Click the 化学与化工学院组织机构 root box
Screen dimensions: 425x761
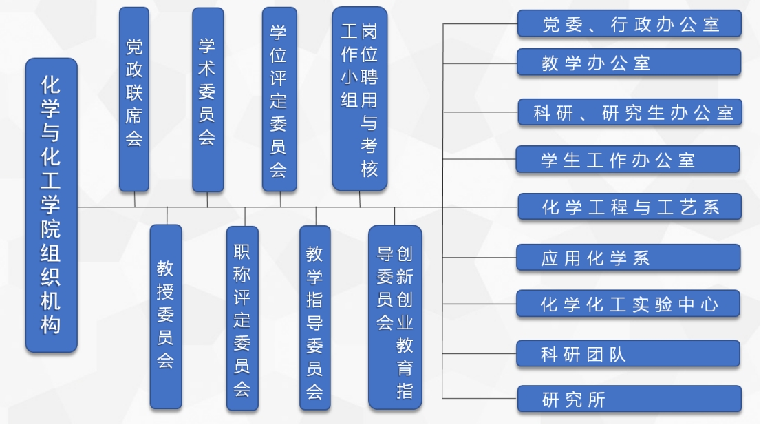click(x=51, y=205)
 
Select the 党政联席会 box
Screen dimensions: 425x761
click(x=134, y=99)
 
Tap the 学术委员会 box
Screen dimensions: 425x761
click(x=207, y=99)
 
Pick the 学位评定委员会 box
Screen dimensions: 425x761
click(x=279, y=99)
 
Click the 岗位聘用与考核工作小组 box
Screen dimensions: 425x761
click(x=359, y=99)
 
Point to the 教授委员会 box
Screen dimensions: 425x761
click(x=166, y=316)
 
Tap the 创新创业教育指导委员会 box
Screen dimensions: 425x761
click(x=395, y=317)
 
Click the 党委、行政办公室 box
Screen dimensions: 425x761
click(x=629, y=23)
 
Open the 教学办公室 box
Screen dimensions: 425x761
click(x=629, y=62)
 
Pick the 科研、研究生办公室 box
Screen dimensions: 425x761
click(x=630, y=112)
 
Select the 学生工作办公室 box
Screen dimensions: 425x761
click(x=628, y=159)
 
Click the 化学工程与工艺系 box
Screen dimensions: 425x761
click(x=629, y=207)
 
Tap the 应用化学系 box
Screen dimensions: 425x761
click(x=628, y=258)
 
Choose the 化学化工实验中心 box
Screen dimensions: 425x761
click(x=628, y=304)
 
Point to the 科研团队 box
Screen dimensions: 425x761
click(x=628, y=354)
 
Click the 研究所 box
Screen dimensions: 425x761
click(x=629, y=399)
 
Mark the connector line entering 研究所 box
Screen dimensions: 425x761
click(x=480, y=399)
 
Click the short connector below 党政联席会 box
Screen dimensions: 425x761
click(x=135, y=199)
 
